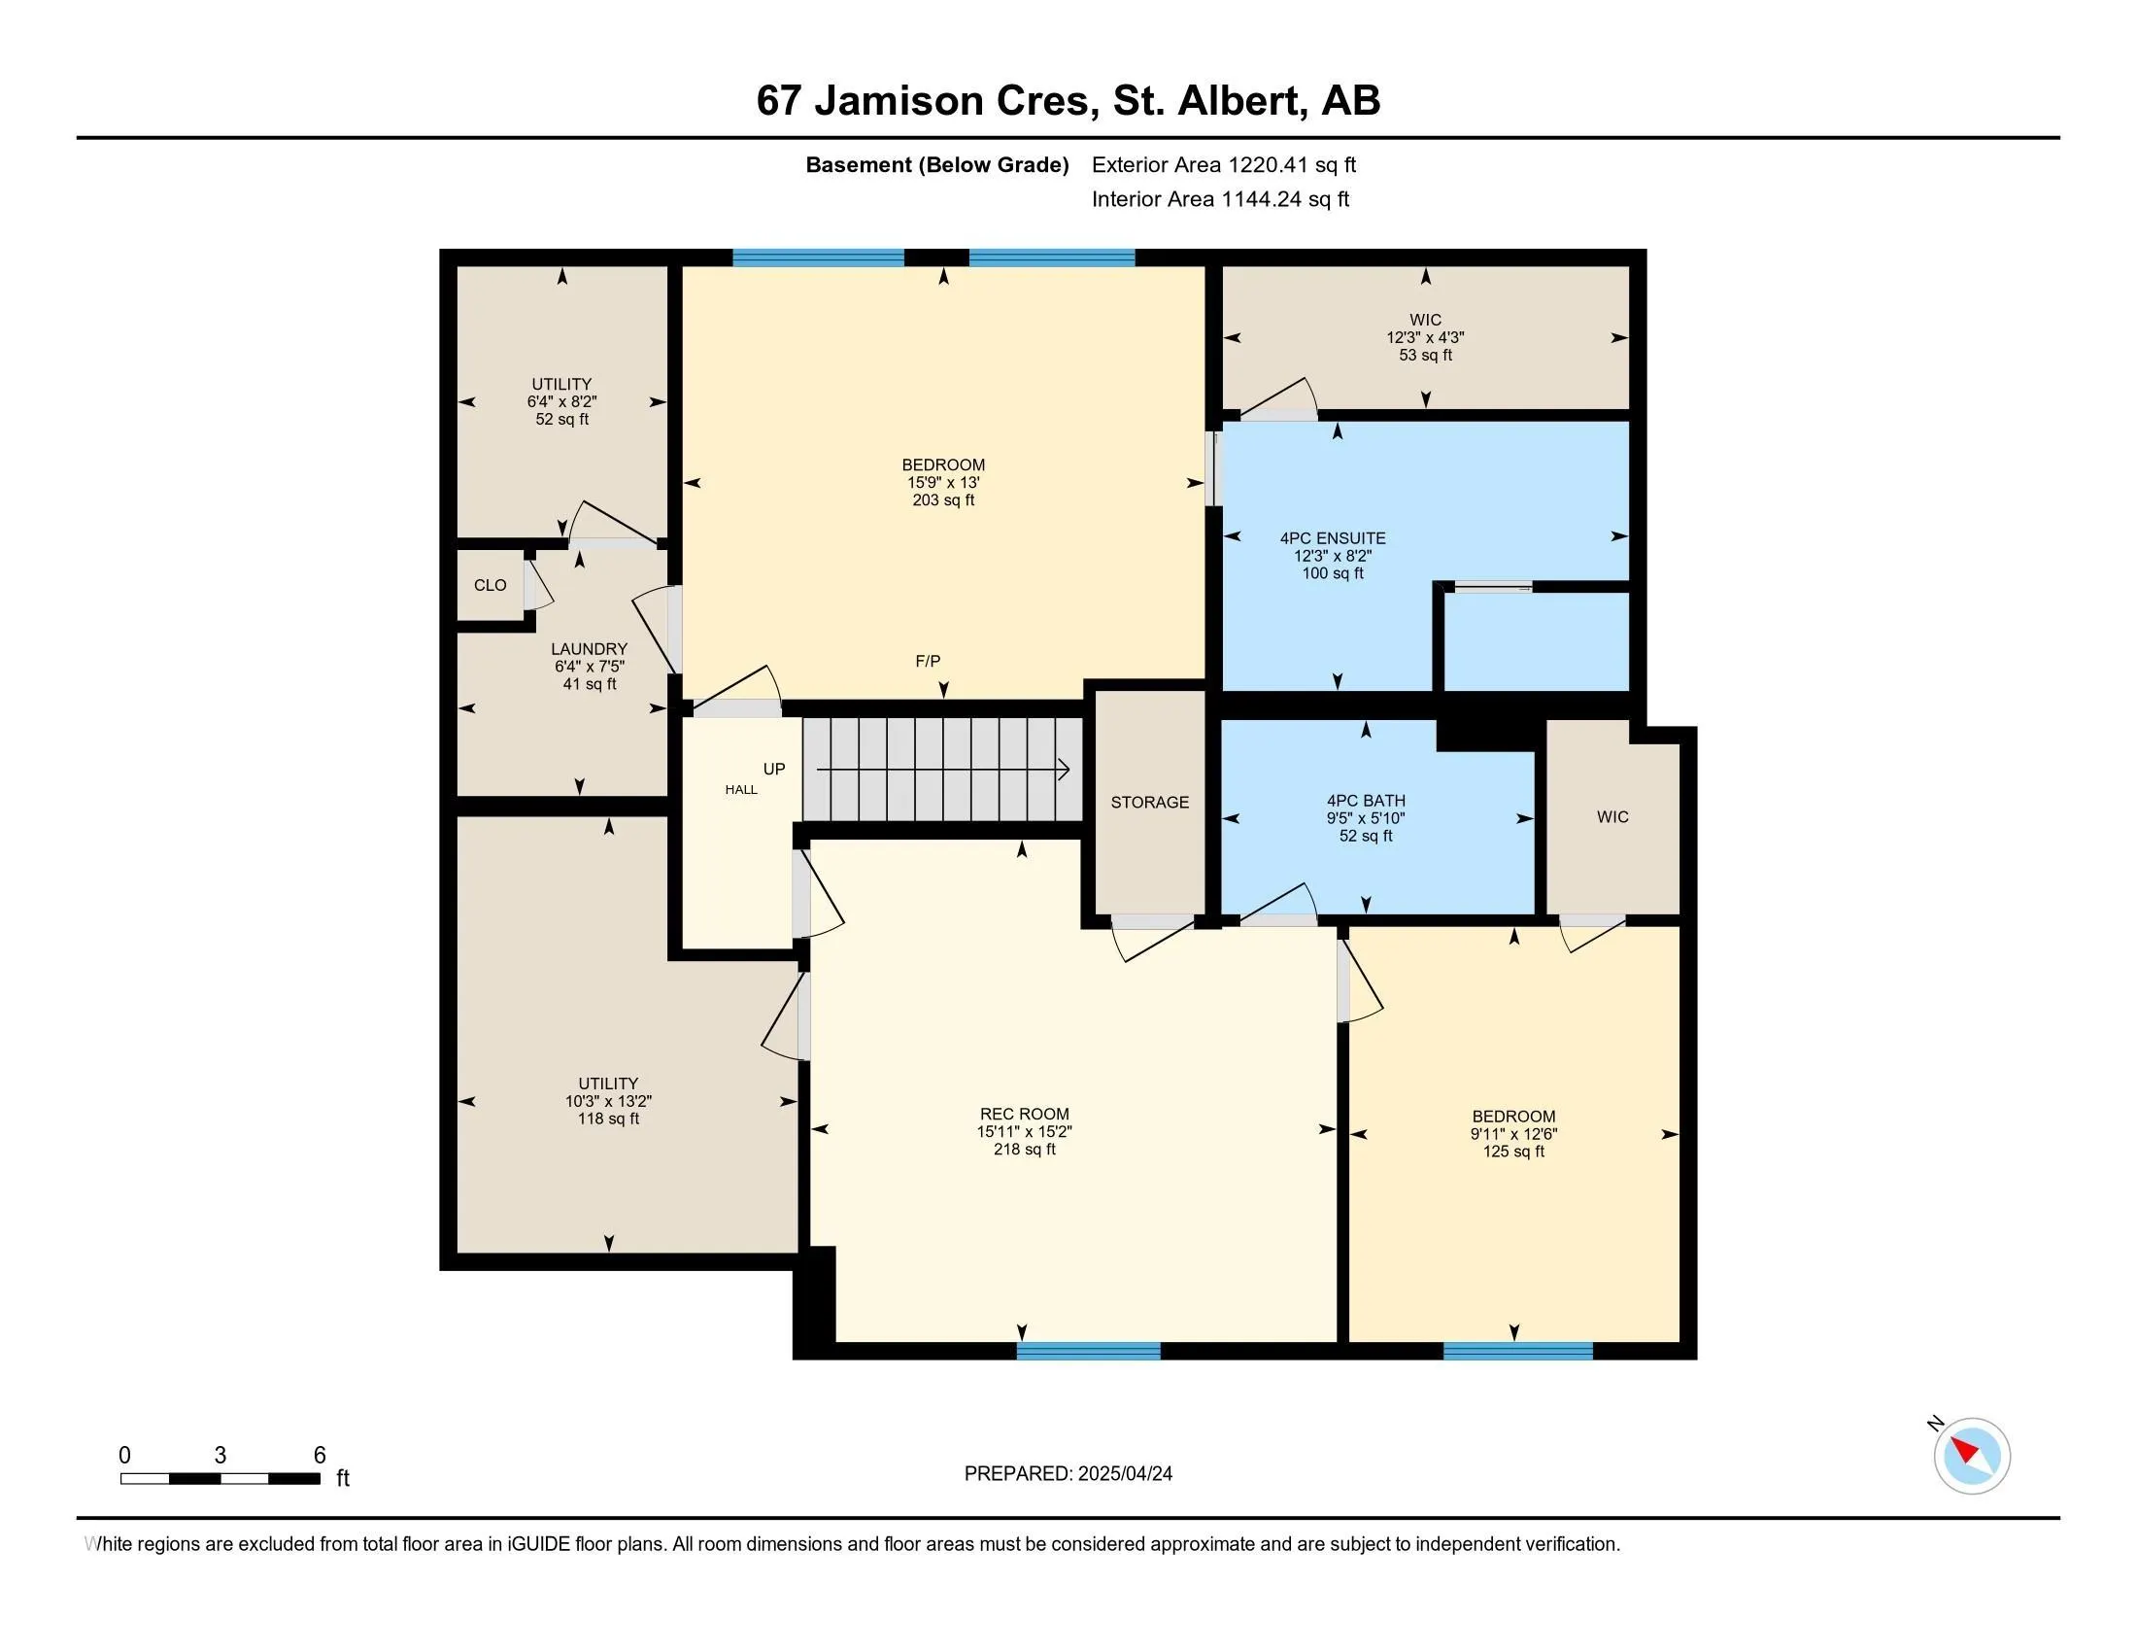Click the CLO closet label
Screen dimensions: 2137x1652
(x=491, y=585)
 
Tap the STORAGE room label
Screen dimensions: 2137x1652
(x=1150, y=803)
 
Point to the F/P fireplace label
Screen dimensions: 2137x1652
(x=928, y=662)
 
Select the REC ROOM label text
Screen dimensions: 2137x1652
(x=1025, y=1114)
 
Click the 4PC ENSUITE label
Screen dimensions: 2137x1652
(x=1333, y=538)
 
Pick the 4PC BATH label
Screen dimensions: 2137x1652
(x=1366, y=801)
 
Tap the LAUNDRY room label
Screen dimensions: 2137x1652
(x=589, y=649)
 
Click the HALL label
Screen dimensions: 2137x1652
(x=742, y=790)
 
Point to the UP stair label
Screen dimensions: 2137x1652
(x=774, y=770)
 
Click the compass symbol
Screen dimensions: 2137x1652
(x=1971, y=1456)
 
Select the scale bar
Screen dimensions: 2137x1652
(x=220, y=1479)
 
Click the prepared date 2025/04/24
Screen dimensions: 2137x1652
(x=1125, y=1474)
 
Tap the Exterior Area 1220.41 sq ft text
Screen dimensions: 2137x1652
(x=1224, y=164)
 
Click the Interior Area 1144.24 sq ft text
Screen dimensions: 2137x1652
(x=1220, y=198)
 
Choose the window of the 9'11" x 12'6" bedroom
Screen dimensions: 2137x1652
(x=1517, y=1352)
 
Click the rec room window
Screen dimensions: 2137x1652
(x=1088, y=1352)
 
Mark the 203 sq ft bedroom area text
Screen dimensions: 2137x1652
(x=943, y=500)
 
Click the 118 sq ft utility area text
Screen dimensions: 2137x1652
(x=609, y=1119)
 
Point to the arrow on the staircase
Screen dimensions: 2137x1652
(x=943, y=771)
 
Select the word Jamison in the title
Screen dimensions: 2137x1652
(x=899, y=101)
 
